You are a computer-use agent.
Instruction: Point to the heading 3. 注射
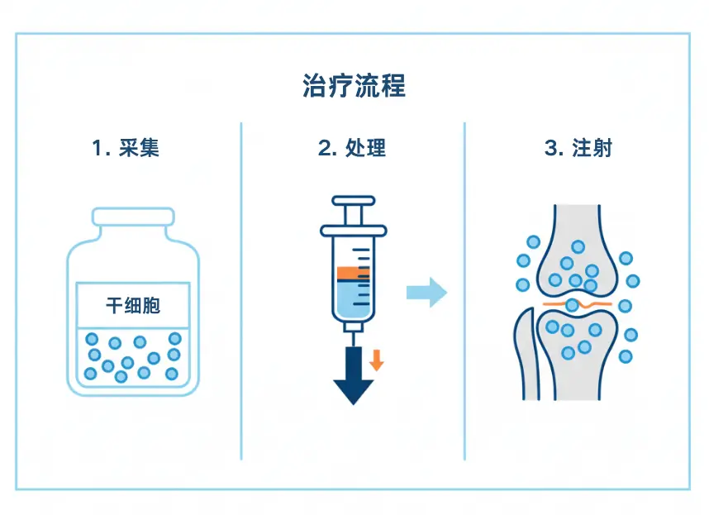coord(578,148)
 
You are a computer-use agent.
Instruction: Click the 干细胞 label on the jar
coord(132,305)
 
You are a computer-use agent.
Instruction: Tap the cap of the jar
coord(133,217)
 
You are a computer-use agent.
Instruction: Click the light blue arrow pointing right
coord(426,293)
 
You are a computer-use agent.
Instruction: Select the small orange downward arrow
coord(376,360)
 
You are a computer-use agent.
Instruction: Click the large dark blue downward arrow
coord(353,376)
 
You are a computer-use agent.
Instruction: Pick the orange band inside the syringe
coord(353,272)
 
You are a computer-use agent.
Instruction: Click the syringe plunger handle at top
coord(353,201)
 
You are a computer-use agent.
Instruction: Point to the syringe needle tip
coord(353,339)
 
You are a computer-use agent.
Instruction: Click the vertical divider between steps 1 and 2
coord(241,289)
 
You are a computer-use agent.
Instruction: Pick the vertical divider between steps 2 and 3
coord(464,289)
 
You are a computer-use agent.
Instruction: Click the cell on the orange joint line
coord(572,305)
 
